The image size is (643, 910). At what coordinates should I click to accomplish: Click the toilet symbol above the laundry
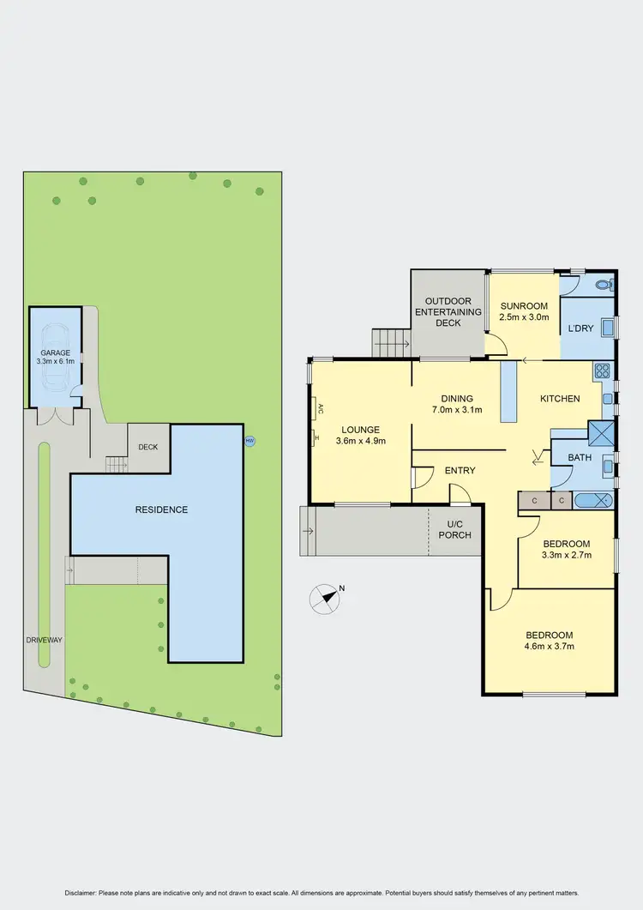603,284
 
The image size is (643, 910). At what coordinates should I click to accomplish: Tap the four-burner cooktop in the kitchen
602,371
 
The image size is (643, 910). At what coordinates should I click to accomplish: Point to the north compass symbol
327,598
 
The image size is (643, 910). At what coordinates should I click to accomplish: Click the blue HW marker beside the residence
250,441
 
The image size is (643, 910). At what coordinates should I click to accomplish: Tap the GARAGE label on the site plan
55,353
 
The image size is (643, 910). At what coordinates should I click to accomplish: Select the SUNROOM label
523,306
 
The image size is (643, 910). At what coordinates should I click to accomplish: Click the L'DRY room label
580,328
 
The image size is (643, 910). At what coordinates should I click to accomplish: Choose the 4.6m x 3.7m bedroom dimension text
550,647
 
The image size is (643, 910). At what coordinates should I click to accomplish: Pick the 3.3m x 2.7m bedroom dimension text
567,555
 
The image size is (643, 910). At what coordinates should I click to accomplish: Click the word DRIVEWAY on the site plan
44,640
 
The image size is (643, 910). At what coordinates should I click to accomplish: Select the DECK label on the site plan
148,446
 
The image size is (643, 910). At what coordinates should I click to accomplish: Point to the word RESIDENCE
161,509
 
